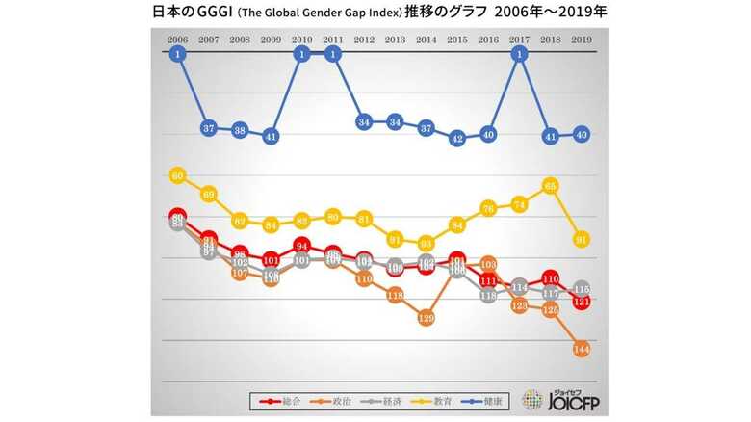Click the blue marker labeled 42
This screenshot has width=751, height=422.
click(x=457, y=138)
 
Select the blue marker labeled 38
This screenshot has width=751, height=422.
click(x=240, y=131)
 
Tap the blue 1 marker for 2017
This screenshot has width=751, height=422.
click(x=520, y=55)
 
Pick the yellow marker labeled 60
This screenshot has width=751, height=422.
click(x=177, y=176)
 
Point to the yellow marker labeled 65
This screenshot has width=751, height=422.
click(x=551, y=185)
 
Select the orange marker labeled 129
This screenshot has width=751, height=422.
click(x=427, y=317)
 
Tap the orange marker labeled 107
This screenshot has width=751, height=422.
click(x=240, y=273)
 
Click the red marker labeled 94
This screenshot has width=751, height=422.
click(x=302, y=246)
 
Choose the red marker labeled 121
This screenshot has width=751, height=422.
click(x=582, y=301)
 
